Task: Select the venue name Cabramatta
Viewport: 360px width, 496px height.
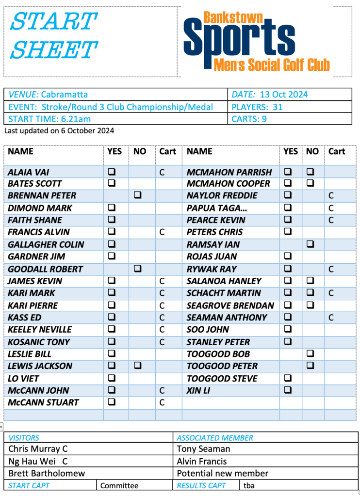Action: click(64, 95)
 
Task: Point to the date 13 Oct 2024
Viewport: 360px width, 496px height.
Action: click(283, 95)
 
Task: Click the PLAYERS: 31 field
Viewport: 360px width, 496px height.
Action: click(257, 107)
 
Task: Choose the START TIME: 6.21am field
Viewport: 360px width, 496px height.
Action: click(49, 119)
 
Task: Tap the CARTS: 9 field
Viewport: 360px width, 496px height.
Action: click(249, 119)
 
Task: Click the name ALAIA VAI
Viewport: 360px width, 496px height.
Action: click(29, 172)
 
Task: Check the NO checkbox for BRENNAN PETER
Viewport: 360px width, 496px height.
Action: click(138, 196)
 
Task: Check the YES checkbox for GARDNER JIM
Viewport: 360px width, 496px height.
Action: click(112, 256)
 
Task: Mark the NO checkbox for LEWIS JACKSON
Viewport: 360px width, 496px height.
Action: click(138, 366)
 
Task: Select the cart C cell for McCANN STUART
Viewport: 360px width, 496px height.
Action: click(162, 402)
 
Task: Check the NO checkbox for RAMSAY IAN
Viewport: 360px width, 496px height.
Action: click(311, 244)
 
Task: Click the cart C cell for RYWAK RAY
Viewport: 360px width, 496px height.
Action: click(331, 269)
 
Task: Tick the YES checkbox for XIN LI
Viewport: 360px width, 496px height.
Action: click(288, 390)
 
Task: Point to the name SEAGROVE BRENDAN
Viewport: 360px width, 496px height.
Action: click(230, 305)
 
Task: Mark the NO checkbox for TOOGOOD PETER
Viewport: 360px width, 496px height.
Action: click(311, 366)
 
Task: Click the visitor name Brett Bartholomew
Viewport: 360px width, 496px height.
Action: click(47, 473)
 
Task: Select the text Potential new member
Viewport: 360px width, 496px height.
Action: click(222, 473)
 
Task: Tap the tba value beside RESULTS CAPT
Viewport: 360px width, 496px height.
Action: click(249, 485)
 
